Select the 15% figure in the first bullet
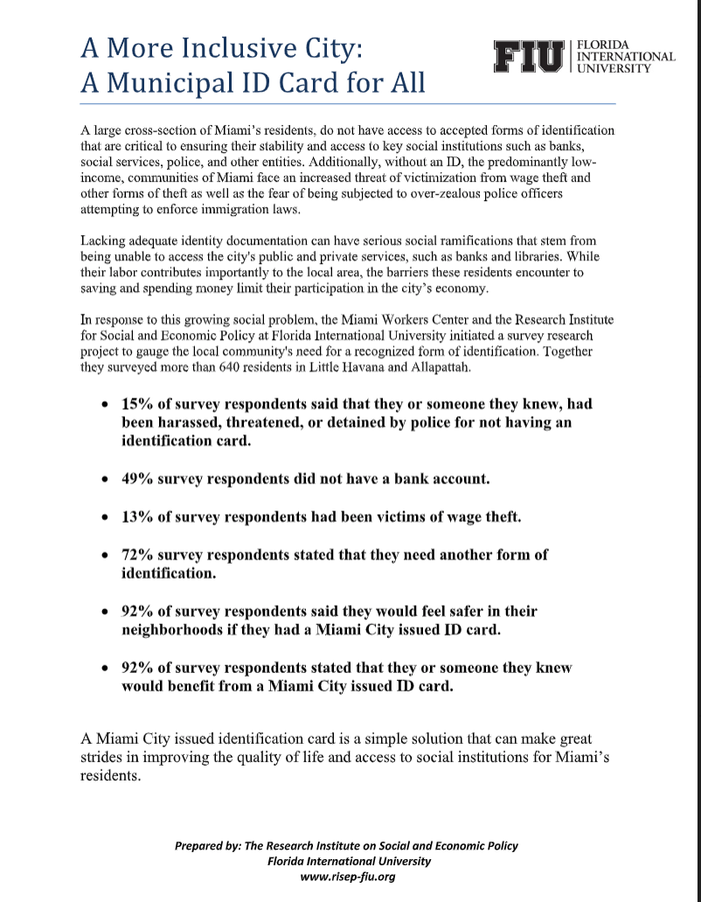pos(137,406)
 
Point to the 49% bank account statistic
pos(137,480)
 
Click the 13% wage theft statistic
pos(137,517)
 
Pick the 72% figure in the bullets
pos(137,554)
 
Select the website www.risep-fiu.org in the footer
pos(347,878)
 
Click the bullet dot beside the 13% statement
pos(105,517)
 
